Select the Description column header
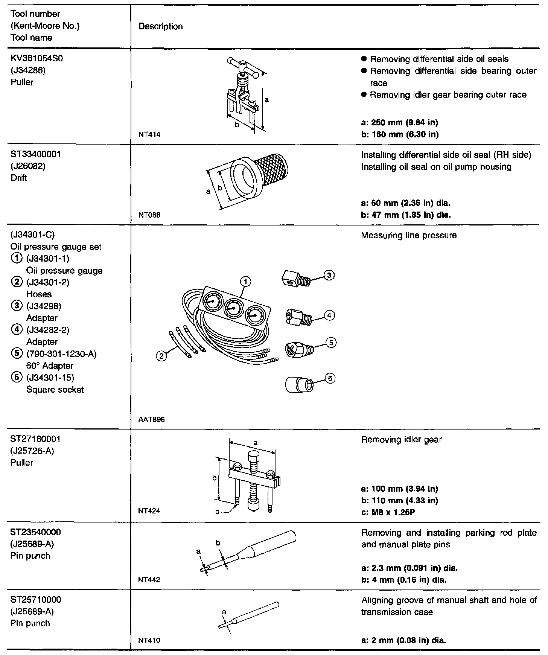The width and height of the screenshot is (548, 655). pos(161,26)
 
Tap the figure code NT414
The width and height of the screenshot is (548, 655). pos(149,134)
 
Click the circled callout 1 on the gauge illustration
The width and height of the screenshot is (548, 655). pos(245,282)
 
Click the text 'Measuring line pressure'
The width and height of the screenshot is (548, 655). pos(409,235)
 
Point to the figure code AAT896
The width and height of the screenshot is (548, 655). pos(151,419)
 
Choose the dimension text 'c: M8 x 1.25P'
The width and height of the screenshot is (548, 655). pos(388,512)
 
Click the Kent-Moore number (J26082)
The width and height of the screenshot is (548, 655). pos(28,166)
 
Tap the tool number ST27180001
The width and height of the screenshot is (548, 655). pos(35,439)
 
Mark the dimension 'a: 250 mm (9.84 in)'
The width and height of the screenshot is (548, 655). pos(399,122)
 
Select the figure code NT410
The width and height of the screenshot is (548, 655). pos(149,640)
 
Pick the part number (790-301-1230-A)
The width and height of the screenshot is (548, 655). pos(61,354)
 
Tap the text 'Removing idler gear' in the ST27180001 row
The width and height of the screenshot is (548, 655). pos(401,439)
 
